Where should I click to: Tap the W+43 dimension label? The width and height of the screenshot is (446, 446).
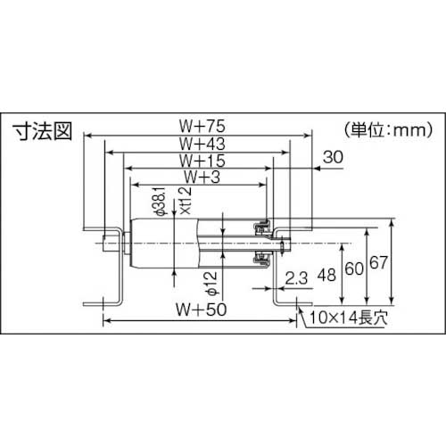(x=200, y=144)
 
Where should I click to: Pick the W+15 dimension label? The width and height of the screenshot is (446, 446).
(x=200, y=161)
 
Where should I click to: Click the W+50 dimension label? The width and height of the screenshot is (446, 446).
(x=200, y=312)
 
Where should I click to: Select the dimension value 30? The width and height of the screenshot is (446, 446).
(x=333, y=157)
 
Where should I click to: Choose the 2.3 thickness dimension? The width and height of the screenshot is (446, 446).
(x=298, y=279)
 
